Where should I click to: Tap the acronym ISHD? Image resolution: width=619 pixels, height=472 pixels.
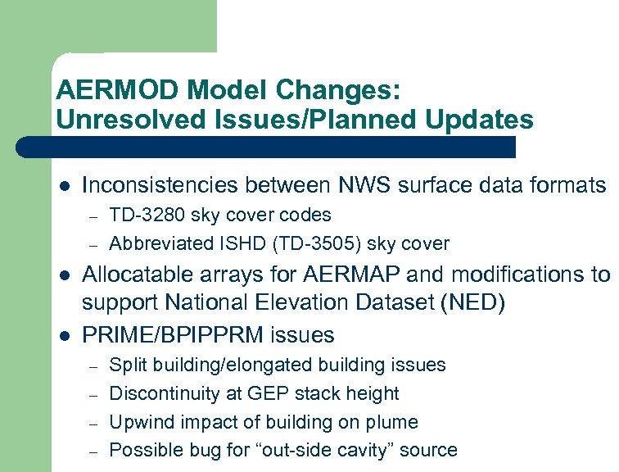(x=215, y=244)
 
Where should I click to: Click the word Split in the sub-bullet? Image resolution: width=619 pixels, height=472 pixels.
(x=126, y=365)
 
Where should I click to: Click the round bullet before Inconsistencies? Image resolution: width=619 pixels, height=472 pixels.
(x=64, y=186)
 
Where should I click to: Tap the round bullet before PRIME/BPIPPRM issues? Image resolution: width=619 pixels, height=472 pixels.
(x=64, y=335)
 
